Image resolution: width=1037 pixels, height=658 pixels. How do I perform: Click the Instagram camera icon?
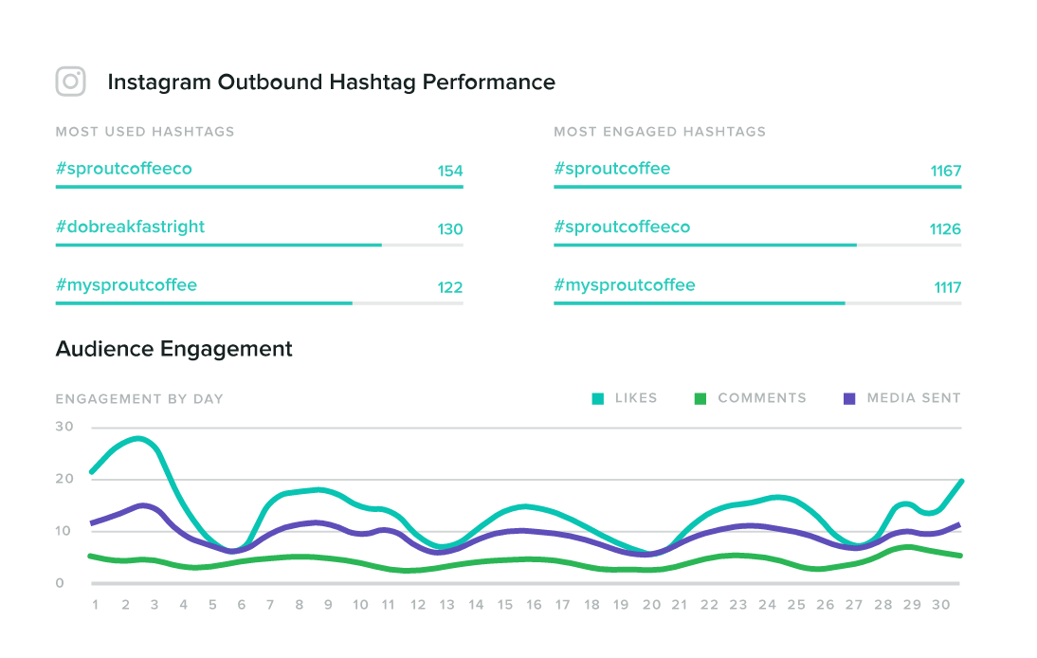point(71,82)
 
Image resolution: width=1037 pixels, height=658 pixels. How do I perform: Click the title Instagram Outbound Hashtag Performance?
point(331,82)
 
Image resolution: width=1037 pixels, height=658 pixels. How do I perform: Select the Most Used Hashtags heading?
point(145,132)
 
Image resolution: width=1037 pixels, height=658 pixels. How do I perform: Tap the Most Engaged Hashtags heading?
point(660,132)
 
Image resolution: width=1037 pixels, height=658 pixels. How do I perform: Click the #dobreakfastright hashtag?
point(130,228)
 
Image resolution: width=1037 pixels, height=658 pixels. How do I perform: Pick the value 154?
point(449,172)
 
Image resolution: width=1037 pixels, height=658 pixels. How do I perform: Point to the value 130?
point(449,229)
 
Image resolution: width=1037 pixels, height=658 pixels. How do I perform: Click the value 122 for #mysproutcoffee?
point(449,288)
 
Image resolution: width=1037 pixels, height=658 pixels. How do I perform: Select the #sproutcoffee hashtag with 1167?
point(611,169)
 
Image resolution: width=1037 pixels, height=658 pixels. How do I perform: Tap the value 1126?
point(945,229)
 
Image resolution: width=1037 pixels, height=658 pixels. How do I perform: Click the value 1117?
point(947,288)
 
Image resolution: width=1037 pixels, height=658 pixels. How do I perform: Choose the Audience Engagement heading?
point(174,349)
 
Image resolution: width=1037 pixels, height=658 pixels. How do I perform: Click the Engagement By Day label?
point(139,399)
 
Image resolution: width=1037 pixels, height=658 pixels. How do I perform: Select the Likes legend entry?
point(625,398)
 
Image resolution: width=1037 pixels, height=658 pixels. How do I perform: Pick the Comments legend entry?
point(751,398)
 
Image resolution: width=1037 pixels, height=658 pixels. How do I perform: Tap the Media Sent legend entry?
point(902,398)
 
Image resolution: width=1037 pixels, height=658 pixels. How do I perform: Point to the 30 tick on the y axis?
point(64,427)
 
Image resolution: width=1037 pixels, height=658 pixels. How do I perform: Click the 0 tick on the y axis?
point(60,583)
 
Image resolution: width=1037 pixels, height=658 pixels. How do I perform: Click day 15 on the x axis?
point(505,605)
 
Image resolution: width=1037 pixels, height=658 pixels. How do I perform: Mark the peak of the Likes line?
point(139,438)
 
